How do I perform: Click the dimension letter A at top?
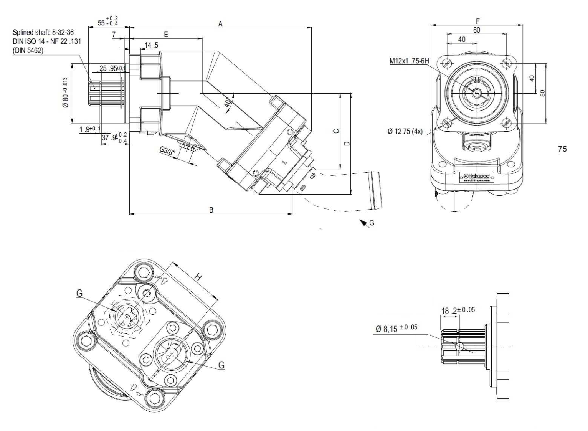pos(220,24)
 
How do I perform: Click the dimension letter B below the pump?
pos(211,210)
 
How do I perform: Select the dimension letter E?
pos(166,34)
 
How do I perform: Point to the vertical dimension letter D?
pos(347,143)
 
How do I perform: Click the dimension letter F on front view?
pos(477,21)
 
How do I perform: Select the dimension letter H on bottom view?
pos(198,277)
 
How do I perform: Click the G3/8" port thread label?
pos(168,152)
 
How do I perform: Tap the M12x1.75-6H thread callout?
pos(409,61)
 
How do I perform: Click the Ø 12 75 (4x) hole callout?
pos(405,131)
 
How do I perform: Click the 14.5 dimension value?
pos(151,45)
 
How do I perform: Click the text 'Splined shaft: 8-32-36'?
pos(43,32)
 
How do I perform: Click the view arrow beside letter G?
pos(362,222)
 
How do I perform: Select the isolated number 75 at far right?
pos(562,149)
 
